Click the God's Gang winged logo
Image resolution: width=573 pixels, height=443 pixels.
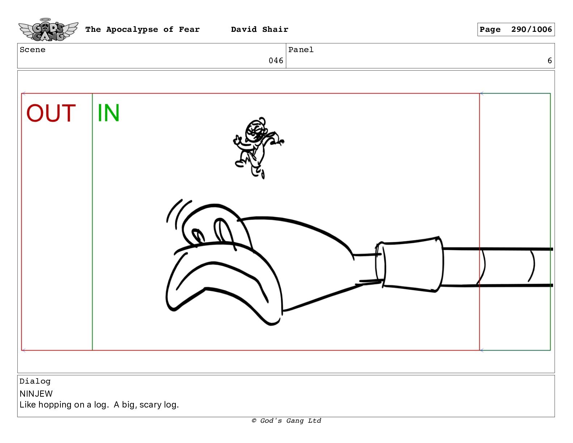(x=48, y=30)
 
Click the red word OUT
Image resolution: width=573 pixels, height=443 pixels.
(x=51, y=113)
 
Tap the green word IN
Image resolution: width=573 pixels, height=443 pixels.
(x=109, y=113)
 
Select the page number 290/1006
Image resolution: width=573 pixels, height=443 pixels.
(x=531, y=29)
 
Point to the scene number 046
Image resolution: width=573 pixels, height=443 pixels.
(x=276, y=61)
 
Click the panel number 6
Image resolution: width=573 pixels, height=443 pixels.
(x=549, y=61)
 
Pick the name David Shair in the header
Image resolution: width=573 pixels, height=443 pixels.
(x=259, y=29)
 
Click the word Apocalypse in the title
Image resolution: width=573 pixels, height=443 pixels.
(x=132, y=30)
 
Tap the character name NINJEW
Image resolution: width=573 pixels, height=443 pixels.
(x=36, y=394)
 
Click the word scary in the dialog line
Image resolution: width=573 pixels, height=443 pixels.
(x=150, y=405)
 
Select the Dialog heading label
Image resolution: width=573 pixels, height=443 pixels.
(x=35, y=381)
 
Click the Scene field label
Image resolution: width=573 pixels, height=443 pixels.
(x=33, y=50)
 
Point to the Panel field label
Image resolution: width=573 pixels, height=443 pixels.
(x=301, y=50)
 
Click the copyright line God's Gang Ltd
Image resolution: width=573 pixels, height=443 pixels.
(x=286, y=421)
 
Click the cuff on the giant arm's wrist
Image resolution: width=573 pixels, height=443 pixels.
(x=409, y=264)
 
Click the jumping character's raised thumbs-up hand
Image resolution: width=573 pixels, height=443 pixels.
(x=237, y=140)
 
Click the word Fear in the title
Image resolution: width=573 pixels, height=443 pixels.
(x=189, y=29)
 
